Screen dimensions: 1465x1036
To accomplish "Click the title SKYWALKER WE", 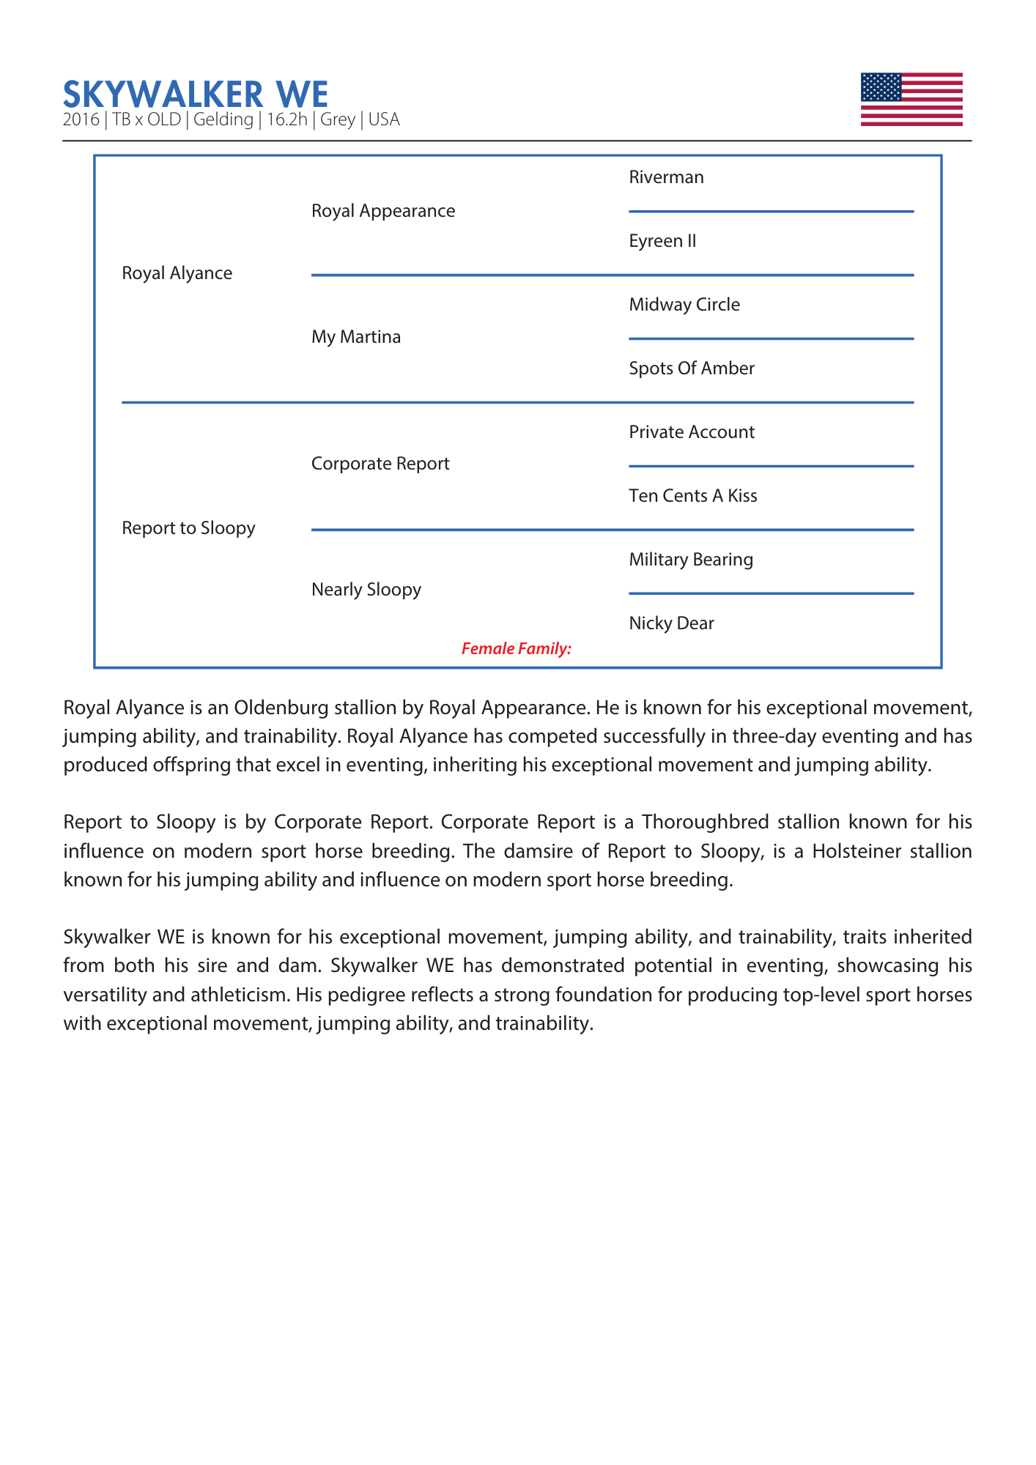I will [x=196, y=94].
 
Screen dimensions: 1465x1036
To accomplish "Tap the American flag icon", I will [x=911, y=100].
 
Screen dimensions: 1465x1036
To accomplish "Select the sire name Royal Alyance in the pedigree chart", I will [x=177, y=273].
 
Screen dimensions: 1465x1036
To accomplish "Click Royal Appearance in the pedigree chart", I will [x=382, y=211].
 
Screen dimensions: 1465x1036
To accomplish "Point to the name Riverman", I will [x=666, y=177].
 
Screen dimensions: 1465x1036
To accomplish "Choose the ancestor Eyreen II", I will [x=662, y=241].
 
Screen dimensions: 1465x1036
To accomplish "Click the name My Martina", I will [x=356, y=337].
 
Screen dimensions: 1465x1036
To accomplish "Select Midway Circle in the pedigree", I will [x=684, y=305].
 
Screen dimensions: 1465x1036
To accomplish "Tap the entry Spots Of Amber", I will [x=692, y=368].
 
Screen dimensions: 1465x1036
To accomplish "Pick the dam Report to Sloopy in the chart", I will [x=188, y=528].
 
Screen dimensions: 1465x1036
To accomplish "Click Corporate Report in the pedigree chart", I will [x=380, y=464].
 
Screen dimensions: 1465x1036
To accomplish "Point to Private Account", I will [x=692, y=432].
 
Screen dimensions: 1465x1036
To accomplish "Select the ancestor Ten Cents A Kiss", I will [x=692, y=496].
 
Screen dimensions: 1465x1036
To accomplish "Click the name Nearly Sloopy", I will [x=366, y=590].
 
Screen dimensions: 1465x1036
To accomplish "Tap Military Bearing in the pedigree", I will [x=691, y=560].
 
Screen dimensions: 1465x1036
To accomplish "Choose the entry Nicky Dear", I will [x=671, y=623].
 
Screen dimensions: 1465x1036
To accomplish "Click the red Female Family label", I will [x=516, y=649].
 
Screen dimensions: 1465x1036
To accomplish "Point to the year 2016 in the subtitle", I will [x=81, y=119].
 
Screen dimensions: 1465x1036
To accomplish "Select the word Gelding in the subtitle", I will [x=223, y=119].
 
